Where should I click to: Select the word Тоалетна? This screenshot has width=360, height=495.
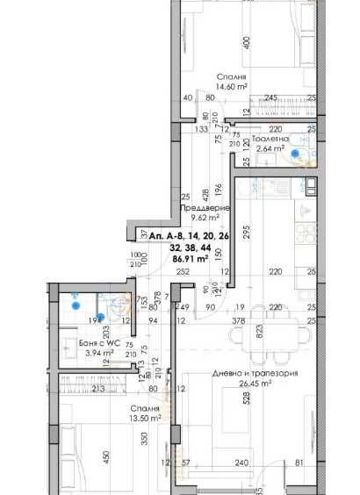point(270,139)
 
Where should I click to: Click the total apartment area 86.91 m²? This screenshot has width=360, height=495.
point(189,259)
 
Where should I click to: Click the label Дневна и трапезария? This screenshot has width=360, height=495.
point(255,373)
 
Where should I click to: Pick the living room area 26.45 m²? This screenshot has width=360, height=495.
point(255,384)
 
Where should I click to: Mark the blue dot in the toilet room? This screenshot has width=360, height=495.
point(295,154)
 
